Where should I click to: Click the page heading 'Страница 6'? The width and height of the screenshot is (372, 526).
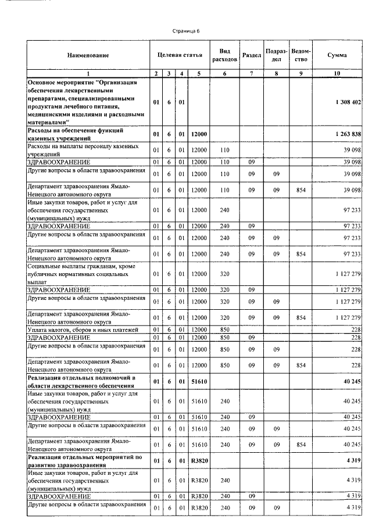tap(186, 30)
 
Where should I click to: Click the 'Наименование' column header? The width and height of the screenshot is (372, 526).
tap(87, 55)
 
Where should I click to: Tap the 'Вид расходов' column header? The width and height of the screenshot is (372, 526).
tap(224, 55)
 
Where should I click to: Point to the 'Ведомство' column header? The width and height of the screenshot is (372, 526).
tap(301, 55)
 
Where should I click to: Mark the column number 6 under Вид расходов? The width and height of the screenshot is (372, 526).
tap(224, 73)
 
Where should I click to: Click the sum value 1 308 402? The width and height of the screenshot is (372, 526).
tap(348, 102)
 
